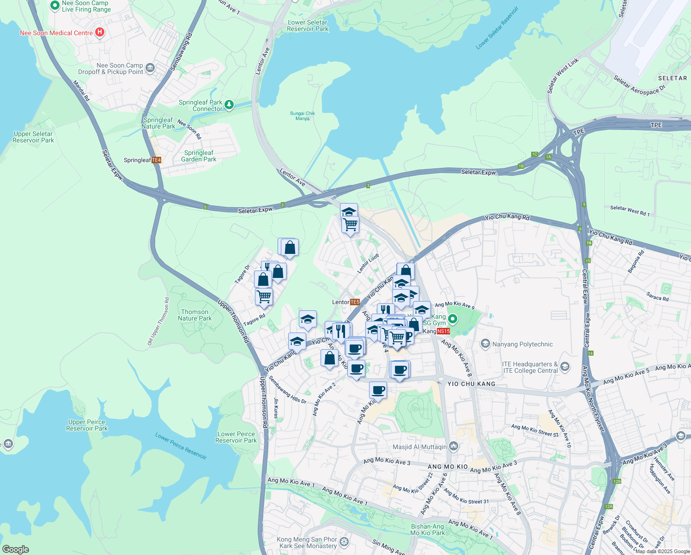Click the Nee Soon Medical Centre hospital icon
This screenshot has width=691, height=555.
99,32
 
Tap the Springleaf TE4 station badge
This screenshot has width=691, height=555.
156,160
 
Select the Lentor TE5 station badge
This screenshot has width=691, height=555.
355,302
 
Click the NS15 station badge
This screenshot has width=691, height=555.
443,331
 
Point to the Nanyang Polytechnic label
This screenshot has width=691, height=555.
522,344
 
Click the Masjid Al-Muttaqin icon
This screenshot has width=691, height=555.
453,446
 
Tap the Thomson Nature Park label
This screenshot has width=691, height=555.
195,315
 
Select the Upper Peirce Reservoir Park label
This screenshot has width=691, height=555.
87,425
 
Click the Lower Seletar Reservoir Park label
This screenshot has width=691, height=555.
307,25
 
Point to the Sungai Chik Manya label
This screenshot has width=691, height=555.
303,116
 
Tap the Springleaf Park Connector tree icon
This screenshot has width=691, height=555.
229,105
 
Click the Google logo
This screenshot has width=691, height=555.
15,549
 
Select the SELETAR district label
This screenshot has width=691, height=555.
673,78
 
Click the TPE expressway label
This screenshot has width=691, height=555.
656,125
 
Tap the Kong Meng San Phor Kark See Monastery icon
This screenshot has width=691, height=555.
344,542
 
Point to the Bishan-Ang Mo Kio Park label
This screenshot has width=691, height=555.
428,530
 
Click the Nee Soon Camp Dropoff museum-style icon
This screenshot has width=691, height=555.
150,68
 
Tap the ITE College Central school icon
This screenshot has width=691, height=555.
565,367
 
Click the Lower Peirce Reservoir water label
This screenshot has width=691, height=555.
181,446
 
